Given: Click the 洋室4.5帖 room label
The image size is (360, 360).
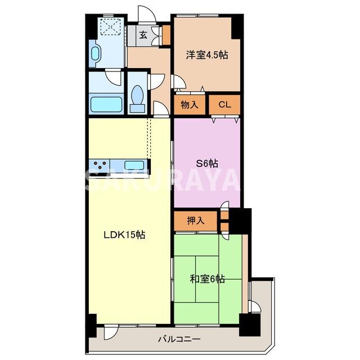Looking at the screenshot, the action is (207, 55).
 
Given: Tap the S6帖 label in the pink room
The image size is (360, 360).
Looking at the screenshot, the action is (207, 164).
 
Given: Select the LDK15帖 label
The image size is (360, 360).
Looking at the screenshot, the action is (124, 235).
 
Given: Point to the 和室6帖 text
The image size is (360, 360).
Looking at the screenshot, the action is (208, 279).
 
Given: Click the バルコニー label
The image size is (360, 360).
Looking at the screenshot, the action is (179, 339).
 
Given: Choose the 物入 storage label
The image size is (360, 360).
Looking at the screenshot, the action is (190, 105).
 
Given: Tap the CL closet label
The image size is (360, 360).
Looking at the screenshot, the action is (224, 105).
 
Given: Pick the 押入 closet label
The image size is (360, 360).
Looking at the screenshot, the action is (196, 220).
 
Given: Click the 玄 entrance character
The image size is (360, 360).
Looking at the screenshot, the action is (143, 35).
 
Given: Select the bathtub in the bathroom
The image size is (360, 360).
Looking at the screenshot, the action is (106, 105).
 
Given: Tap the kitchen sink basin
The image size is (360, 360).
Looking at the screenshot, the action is (134, 165).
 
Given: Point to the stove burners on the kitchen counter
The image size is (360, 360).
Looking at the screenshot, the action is (100, 165).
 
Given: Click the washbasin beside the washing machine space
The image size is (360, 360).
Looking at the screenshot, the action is (95, 54).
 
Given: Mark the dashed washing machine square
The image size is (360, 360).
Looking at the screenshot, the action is (111, 26).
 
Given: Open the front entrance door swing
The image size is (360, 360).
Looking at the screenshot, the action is (146, 14).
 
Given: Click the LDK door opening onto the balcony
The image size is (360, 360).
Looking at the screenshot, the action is (111, 332).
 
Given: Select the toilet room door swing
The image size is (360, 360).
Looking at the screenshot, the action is (156, 82).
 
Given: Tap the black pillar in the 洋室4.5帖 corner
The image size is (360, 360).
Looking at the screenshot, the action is (236, 28).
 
